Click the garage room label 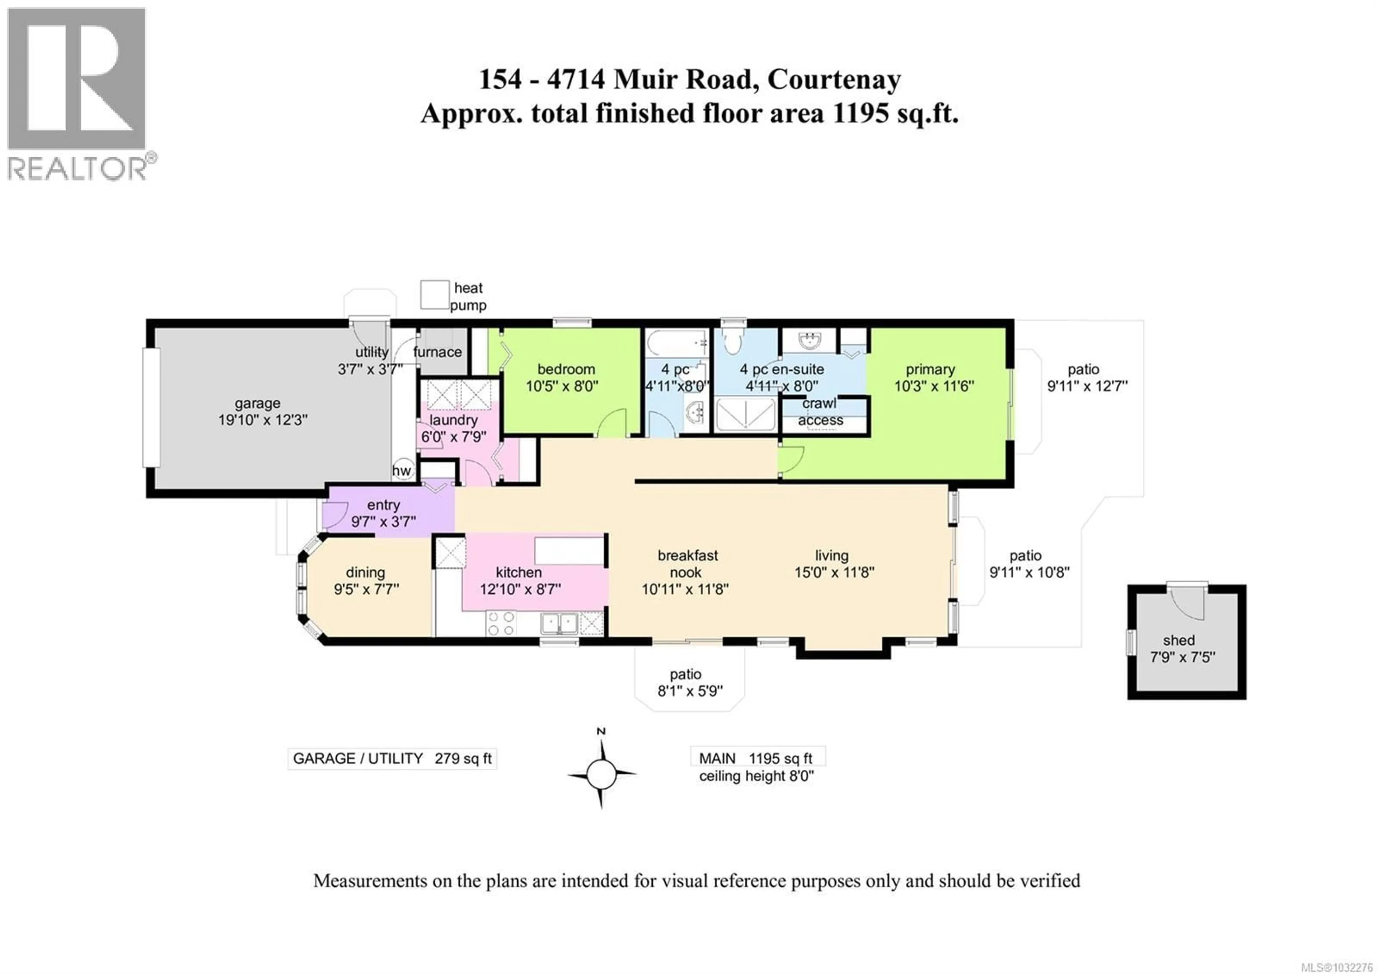tap(257, 404)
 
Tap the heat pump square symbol tap(435, 295)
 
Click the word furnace tap(437, 352)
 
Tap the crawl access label tap(820, 412)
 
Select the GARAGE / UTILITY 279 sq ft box tap(392, 759)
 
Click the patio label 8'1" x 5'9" tap(689, 683)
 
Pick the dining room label tap(366, 572)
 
